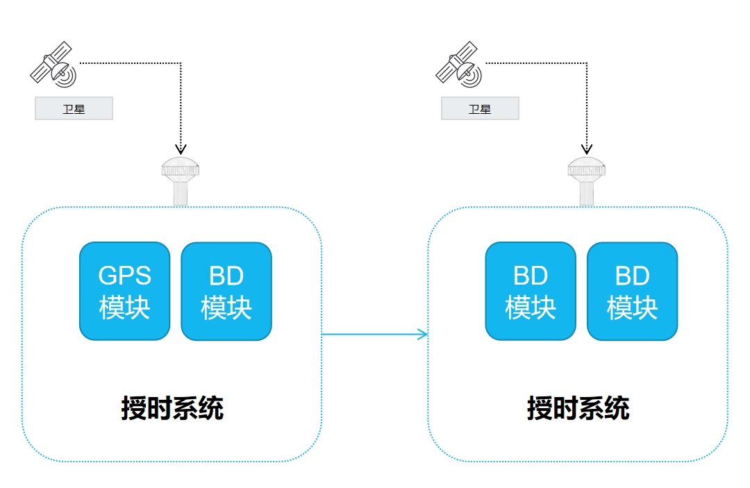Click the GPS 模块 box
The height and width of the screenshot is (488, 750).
[124, 291]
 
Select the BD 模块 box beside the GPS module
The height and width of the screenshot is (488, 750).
[226, 291]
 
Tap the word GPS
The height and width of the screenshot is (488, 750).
[124, 276]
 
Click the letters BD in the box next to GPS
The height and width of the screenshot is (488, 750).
[226, 276]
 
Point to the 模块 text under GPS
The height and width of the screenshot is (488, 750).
[124, 307]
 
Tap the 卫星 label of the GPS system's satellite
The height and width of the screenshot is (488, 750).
[74, 109]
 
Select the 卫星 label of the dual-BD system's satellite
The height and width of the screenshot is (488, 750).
[480, 109]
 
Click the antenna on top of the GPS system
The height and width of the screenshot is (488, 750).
[181, 180]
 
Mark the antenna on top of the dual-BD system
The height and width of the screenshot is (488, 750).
[587, 180]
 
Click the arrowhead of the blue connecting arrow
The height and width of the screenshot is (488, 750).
[424, 335]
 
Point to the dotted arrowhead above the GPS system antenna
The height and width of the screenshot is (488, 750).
[181, 149]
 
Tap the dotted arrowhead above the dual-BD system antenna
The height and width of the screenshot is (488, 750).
[587, 149]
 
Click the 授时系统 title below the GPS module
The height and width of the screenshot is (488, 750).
[172, 408]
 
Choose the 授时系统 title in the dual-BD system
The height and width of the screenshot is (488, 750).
[578, 408]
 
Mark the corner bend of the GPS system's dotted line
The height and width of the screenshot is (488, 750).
[181, 64]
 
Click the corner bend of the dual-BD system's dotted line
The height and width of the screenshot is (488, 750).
[587, 64]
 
